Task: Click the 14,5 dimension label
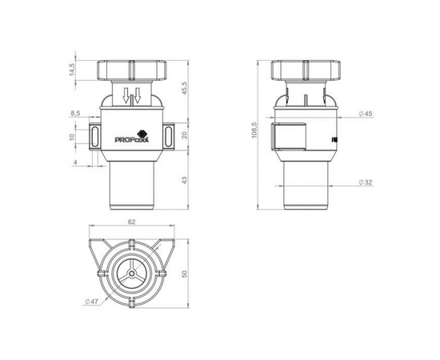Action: pos(72,70)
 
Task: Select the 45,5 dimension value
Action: pos(185,88)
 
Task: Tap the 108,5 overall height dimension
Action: pos(254,130)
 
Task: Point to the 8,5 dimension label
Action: pos(75,114)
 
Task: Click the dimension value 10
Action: pos(72,137)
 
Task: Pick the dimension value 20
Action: pos(185,135)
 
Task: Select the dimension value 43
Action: pos(185,180)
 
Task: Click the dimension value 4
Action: pos(75,162)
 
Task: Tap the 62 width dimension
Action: pos(132,222)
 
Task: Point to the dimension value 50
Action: pos(184,274)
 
